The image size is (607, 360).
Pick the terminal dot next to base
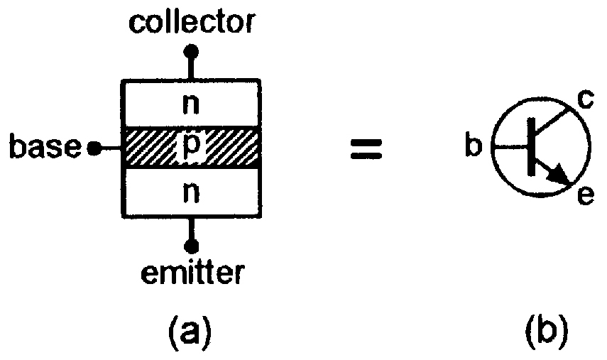(x=93, y=148)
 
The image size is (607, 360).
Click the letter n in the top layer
(x=190, y=104)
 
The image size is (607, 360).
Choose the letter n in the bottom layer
(x=190, y=192)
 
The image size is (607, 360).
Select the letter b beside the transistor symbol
(x=474, y=148)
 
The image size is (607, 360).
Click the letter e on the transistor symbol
(x=584, y=195)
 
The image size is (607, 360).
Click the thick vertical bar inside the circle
(x=531, y=148)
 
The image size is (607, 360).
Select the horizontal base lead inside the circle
(x=511, y=148)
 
